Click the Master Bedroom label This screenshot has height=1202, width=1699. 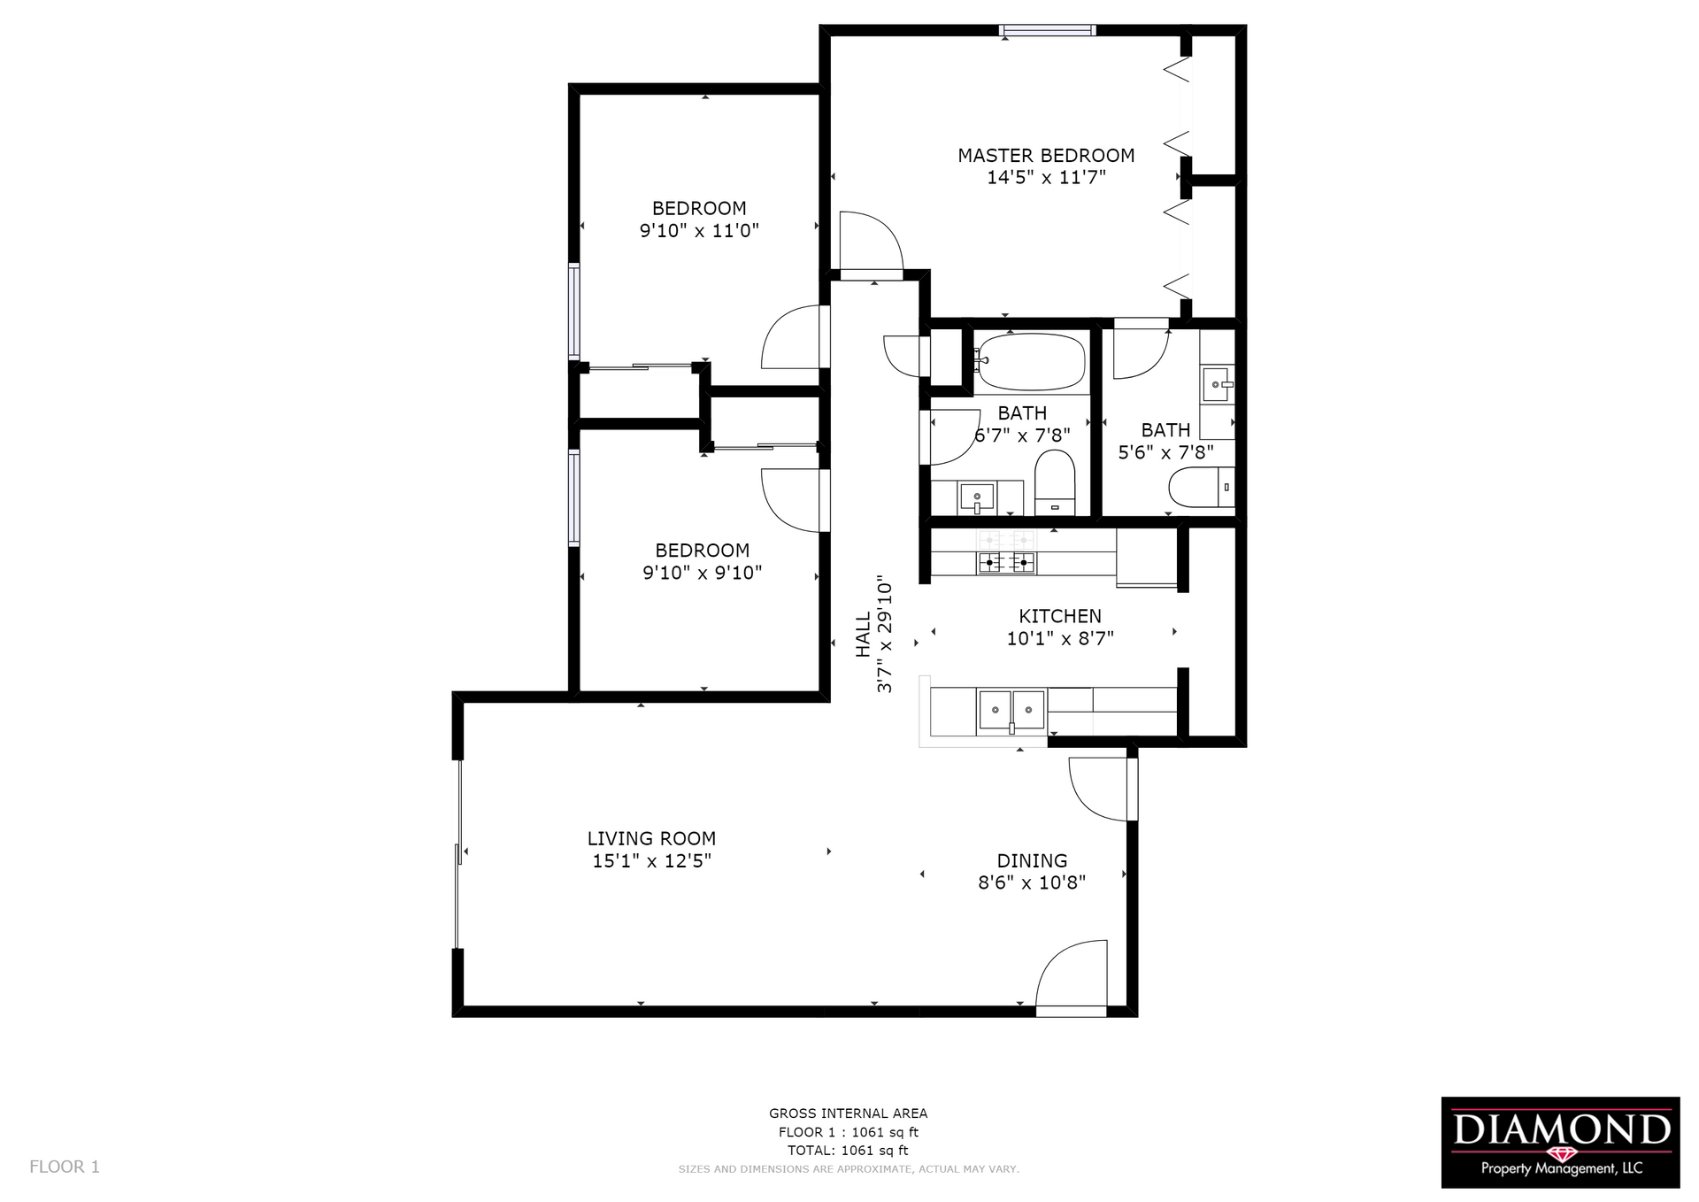coord(1046,156)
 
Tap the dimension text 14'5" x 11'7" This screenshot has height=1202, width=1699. coord(1046,178)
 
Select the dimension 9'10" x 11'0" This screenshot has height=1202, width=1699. coord(699,231)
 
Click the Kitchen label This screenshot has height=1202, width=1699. coord(1059,616)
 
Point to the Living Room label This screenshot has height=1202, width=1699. coord(651,838)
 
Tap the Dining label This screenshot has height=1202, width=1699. coord(1032,860)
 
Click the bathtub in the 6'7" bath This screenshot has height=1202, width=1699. coord(1032,362)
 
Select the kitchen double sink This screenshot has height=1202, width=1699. coord(1011,711)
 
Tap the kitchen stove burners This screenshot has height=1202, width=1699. coord(1006,561)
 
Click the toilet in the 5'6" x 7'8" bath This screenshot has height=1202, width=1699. coord(1200,487)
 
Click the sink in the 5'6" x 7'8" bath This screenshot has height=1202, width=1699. coord(1217,385)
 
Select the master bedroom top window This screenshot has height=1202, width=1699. coord(1047,31)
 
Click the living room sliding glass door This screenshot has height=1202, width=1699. coord(458,853)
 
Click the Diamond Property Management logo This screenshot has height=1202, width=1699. coord(1560,1142)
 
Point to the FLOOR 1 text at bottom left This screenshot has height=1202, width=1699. coord(65,1167)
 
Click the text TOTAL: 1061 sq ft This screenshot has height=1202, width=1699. coord(848,1151)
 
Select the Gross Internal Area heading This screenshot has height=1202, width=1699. coord(848,1113)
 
